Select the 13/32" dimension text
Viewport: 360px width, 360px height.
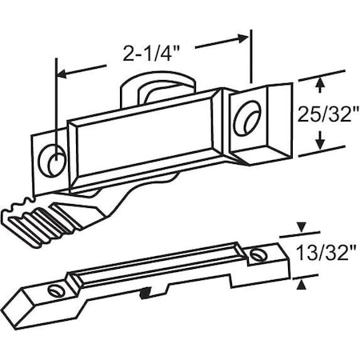pyautogui.click(x=323, y=255)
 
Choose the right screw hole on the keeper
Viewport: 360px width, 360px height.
pyautogui.click(x=258, y=255)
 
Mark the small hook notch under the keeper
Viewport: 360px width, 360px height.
pyautogui.click(x=143, y=297)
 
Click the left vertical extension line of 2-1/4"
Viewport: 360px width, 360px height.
pyautogui.click(x=55, y=104)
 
